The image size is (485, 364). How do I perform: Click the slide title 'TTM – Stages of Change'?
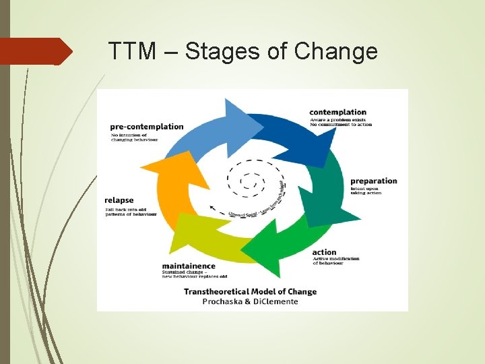point(243,51)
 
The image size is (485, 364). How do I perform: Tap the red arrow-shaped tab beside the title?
point(37,51)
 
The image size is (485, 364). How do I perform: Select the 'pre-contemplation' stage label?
point(147,126)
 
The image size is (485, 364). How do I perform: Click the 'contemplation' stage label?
point(337,112)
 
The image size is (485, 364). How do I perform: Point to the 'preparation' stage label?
point(373,181)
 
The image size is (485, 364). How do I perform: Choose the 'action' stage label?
point(324,253)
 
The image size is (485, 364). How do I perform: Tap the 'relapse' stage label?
point(119,200)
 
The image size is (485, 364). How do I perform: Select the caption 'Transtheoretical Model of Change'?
point(250,292)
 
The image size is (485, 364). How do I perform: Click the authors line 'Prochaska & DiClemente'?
point(250,301)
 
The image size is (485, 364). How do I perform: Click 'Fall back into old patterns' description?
point(131,211)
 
